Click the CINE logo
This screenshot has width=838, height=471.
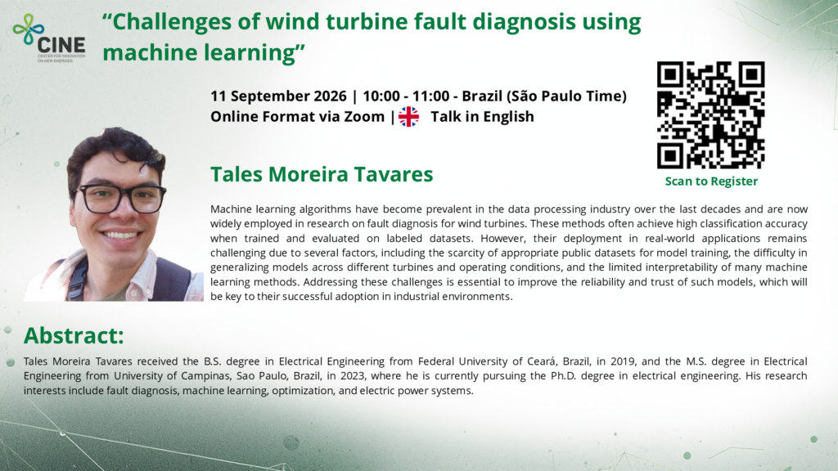click(x=48, y=38)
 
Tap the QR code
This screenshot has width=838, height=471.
click(x=711, y=115)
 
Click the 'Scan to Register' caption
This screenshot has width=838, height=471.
click(x=711, y=182)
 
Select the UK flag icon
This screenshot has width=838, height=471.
click(x=409, y=116)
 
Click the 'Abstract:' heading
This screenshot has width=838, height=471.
click(x=74, y=335)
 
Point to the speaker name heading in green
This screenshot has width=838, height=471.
click(x=322, y=174)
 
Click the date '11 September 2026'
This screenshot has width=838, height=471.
click(x=278, y=96)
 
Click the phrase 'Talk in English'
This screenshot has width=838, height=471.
click(x=482, y=116)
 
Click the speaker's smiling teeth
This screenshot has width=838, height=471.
click(x=120, y=235)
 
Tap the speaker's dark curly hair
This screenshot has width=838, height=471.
click(x=115, y=152)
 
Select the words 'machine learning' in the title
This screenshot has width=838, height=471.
click(x=198, y=52)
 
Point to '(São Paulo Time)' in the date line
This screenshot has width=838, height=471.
click(x=566, y=96)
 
